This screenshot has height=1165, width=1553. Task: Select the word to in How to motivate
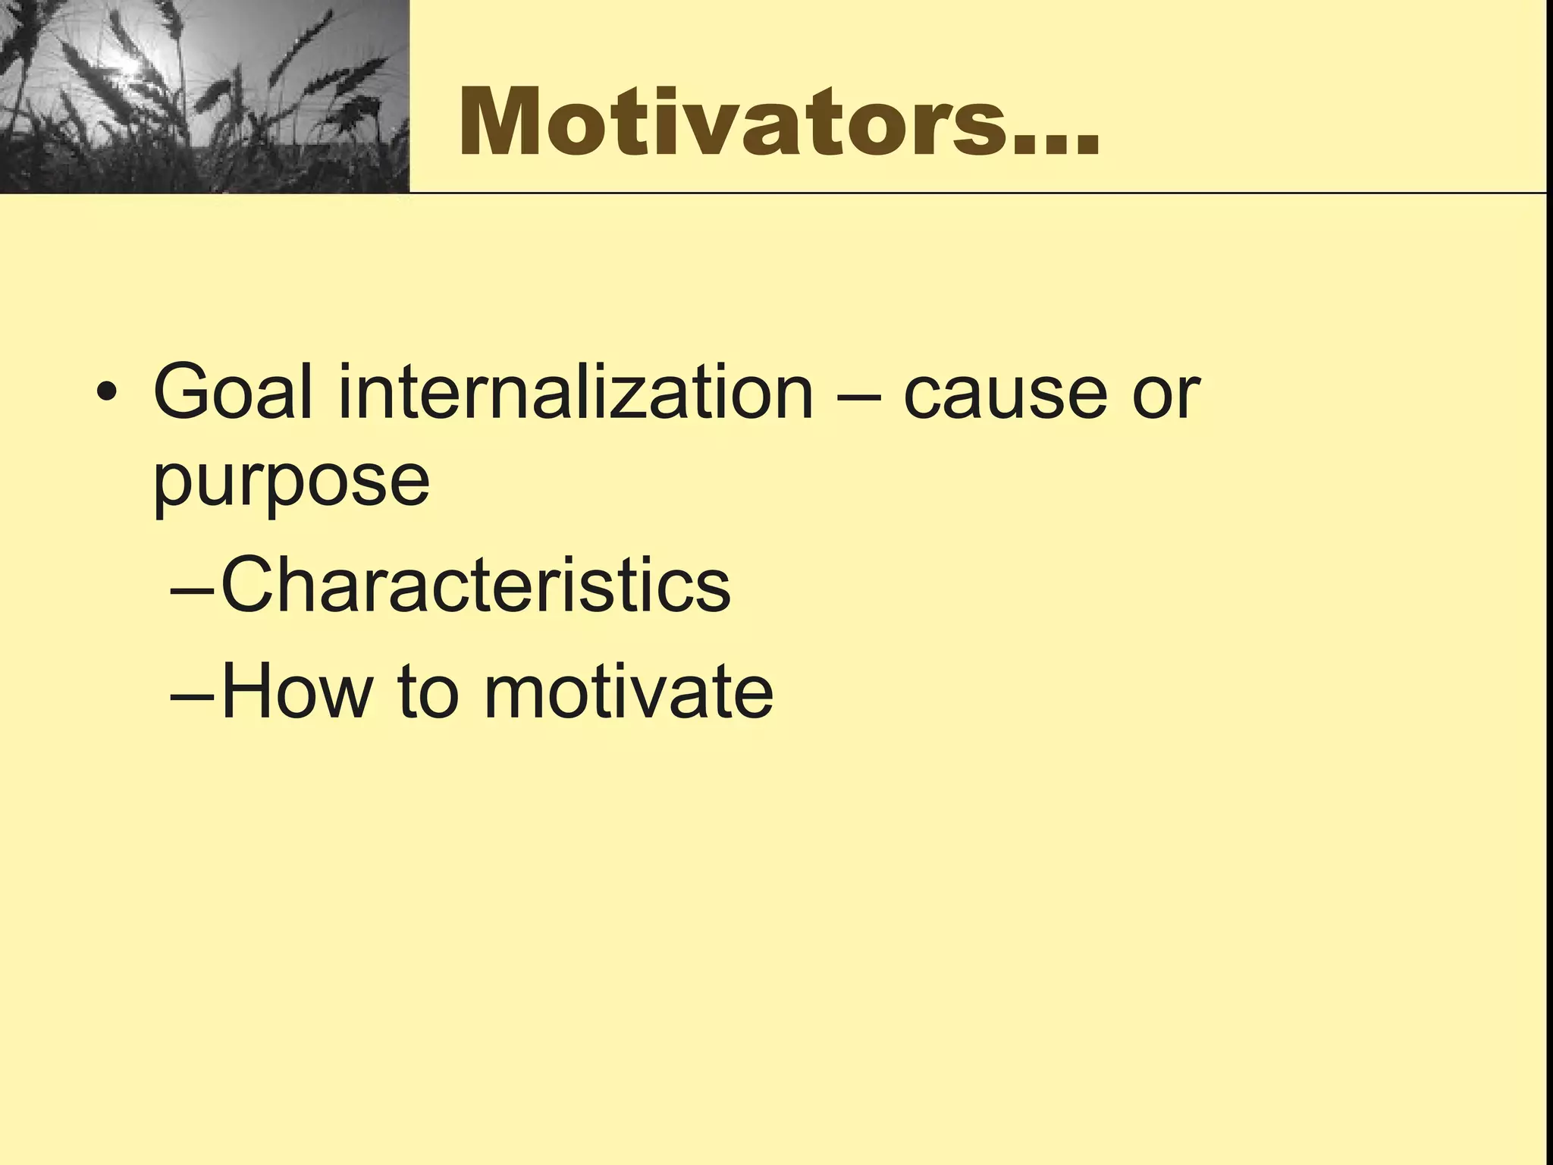tap(428, 691)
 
